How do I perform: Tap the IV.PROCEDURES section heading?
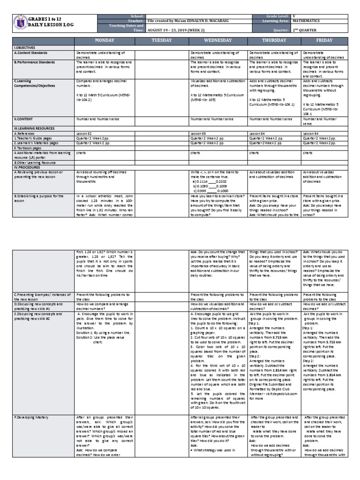click(x=29, y=167)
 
